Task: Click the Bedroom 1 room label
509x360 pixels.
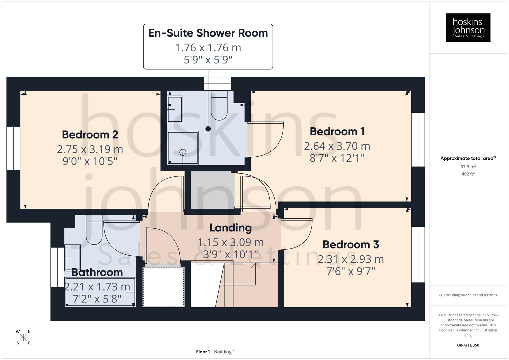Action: [x=337, y=132]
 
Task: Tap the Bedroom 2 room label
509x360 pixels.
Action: [x=90, y=135]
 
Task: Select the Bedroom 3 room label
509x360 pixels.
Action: [x=351, y=245]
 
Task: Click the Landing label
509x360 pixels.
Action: [x=230, y=228]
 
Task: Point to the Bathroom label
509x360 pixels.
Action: [x=97, y=272]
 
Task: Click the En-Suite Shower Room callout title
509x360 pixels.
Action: [x=208, y=33]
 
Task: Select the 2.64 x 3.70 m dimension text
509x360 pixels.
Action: [x=337, y=146]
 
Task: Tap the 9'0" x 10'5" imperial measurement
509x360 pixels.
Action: [x=90, y=161]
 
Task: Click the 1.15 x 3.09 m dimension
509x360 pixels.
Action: [x=230, y=242]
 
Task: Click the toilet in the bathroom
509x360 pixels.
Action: [x=94, y=230]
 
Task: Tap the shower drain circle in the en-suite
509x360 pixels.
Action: [x=183, y=152]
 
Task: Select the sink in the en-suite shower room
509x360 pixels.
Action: [x=175, y=109]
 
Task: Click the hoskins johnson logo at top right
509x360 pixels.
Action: [x=468, y=27]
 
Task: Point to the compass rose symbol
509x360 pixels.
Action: [x=23, y=337]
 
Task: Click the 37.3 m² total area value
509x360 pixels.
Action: [x=468, y=167]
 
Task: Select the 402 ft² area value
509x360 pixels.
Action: [x=468, y=174]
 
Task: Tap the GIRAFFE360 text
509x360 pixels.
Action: [x=468, y=345]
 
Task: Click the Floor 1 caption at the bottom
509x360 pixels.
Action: [x=203, y=352]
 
